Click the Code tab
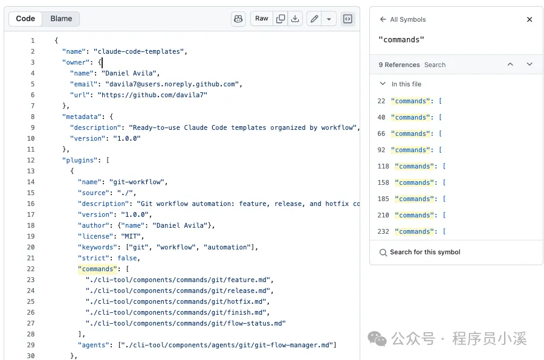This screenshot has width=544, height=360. (25, 19)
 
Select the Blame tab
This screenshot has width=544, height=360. (61, 19)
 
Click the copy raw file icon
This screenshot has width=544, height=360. (280, 19)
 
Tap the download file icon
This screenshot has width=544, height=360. (295, 19)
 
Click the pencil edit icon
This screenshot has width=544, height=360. (314, 19)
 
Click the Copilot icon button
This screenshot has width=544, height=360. (238, 19)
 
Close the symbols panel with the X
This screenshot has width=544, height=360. (529, 19)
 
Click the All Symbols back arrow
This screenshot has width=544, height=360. (383, 19)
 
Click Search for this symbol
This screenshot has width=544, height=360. (425, 252)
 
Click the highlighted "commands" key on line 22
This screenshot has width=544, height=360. (97, 269)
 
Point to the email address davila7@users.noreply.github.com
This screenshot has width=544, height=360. (172, 85)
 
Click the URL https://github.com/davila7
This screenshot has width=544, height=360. (152, 95)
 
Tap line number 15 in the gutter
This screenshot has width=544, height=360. (31, 193)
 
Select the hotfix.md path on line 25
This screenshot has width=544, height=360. (176, 302)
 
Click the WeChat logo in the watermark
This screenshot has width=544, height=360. (377, 338)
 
